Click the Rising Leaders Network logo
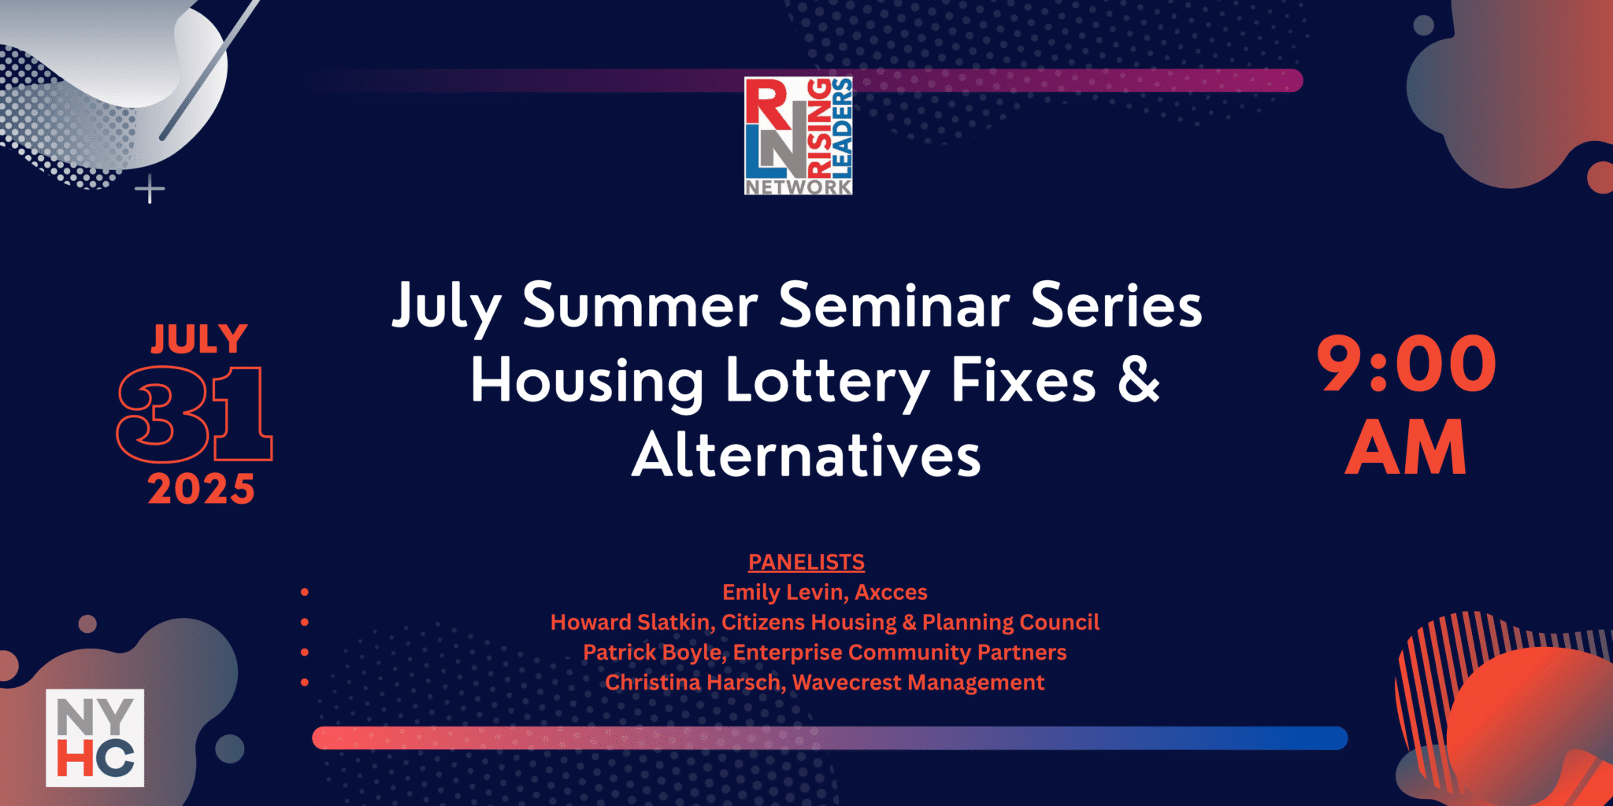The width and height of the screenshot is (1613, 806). point(798,135)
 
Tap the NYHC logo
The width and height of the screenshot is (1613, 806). point(95,738)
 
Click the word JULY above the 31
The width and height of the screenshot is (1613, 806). point(199,339)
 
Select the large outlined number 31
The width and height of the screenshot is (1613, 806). point(195,413)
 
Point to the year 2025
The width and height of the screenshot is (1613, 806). point(201,489)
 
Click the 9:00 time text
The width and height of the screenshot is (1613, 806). point(1406,364)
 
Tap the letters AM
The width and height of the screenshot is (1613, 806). point(1406,447)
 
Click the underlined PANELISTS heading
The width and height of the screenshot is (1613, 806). point(806,562)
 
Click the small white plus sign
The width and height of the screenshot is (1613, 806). point(150,190)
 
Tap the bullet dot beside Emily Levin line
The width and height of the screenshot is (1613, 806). point(305,592)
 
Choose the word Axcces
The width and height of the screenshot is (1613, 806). point(891,592)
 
